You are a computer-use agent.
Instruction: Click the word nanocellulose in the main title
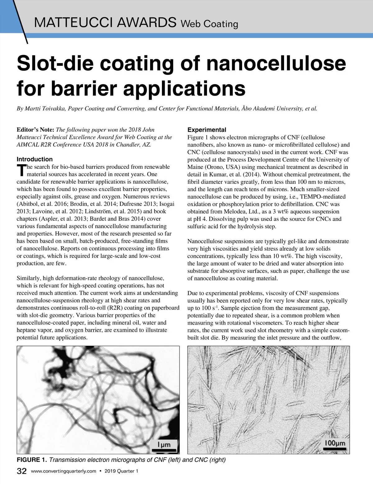(276, 63)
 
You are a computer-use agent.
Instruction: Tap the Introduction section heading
(35, 159)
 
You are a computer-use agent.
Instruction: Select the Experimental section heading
(207, 130)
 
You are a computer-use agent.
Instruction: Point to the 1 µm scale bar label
(164, 445)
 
